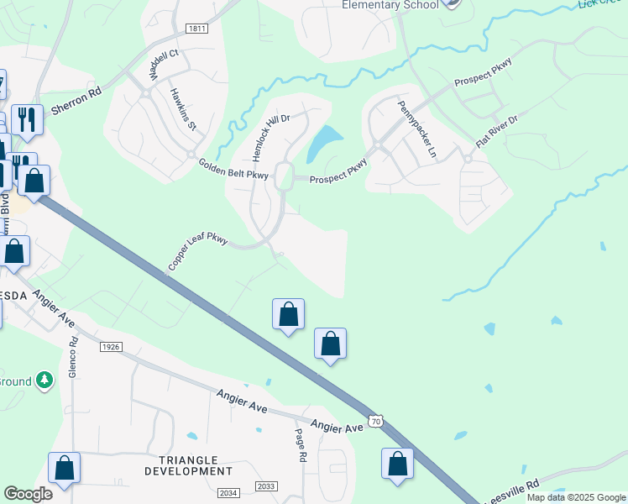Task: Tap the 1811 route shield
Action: tap(197, 29)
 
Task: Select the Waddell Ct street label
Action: tap(164, 66)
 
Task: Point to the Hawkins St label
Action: tap(182, 110)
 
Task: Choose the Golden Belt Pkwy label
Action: tap(233, 170)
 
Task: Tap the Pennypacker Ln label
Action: tap(417, 129)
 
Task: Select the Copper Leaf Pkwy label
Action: tap(197, 251)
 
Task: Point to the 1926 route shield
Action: tap(111, 346)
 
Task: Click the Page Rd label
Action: tap(301, 444)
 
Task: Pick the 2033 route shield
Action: tap(265, 486)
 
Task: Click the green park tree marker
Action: tap(44, 381)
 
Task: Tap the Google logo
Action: tap(29, 493)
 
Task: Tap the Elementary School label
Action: tap(390, 5)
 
